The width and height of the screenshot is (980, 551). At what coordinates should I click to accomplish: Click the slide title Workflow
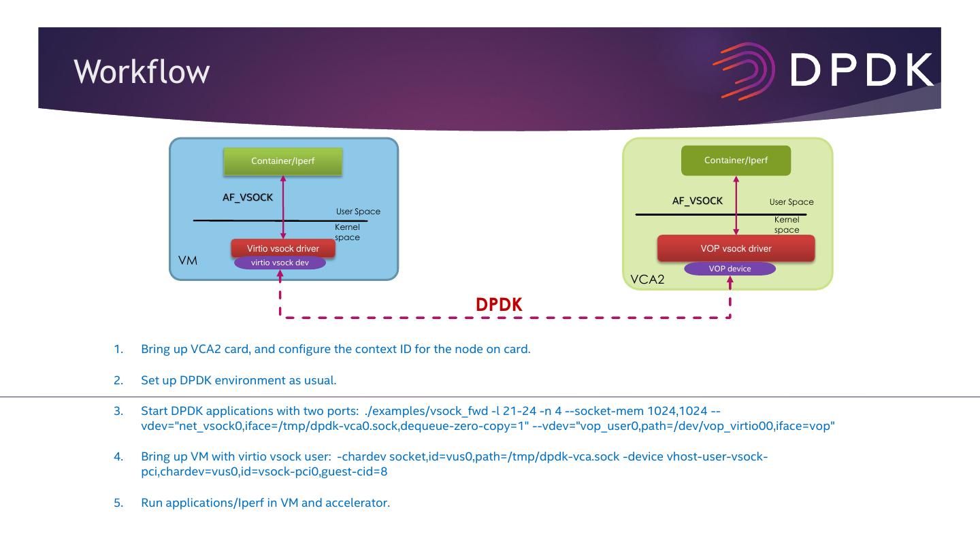pos(142,71)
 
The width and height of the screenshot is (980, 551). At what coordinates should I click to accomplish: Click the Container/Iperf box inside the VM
pos(282,161)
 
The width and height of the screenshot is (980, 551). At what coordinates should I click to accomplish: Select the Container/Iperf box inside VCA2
pos(736,161)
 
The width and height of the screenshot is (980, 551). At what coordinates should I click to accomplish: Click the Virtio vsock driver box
pos(282,248)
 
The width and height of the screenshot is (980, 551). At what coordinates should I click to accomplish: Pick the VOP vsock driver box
pos(736,248)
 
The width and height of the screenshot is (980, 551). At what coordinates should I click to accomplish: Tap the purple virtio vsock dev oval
pos(280,263)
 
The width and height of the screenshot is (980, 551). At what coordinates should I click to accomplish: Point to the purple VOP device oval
pos(730,269)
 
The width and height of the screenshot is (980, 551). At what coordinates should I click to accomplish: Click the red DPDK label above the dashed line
pos(499,305)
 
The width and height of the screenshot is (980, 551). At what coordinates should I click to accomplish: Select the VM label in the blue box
pos(187,261)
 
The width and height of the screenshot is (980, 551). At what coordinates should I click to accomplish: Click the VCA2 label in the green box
pos(647,280)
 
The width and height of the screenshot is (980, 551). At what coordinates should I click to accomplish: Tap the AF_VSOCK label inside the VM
pos(248,198)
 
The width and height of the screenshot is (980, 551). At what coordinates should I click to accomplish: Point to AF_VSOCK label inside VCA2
pos(698,201)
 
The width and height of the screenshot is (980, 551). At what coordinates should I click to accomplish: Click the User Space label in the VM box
pos(358,212)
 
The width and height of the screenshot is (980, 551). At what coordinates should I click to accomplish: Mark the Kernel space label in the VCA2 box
pos(787,225)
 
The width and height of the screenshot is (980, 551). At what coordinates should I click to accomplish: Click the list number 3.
pos(118,411)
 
